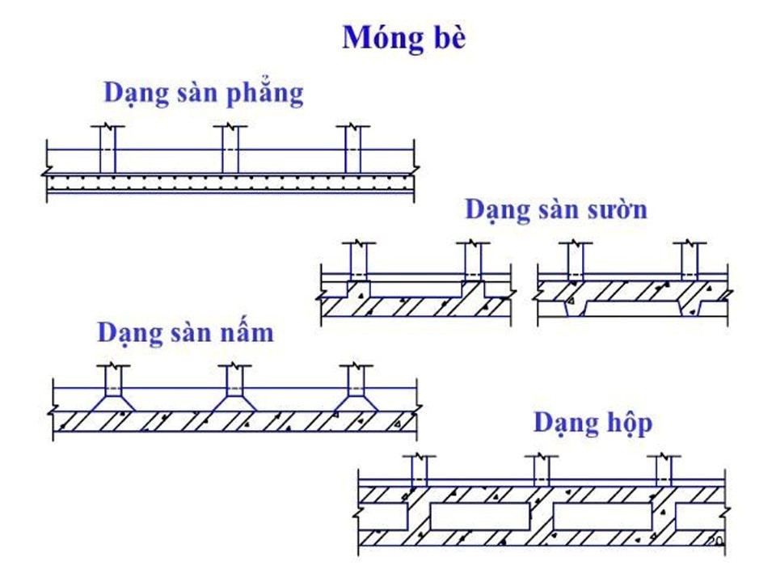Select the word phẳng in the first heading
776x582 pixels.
[x=261, y=94]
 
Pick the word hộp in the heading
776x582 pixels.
[x=623, y=423]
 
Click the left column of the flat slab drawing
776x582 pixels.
[x=107, y=150]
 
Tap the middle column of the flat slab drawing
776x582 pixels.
[x=230, y=150]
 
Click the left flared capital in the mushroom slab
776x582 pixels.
[x=112, y=402]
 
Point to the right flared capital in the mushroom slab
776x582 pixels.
[x=356, y=402]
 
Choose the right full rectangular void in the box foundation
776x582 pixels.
[x=602, y=516]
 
